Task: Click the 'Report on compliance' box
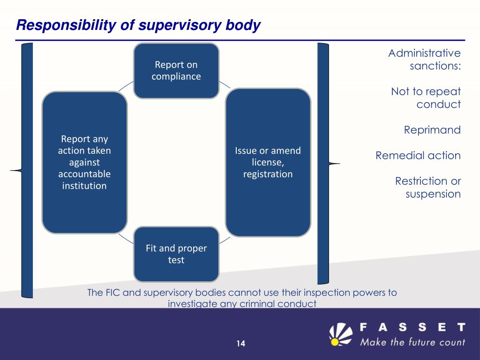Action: [176, 70]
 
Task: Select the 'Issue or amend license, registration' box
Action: [268, 162]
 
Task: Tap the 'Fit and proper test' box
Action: [176, 254]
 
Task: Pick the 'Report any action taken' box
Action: [85, 162]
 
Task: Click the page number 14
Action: [240, 344]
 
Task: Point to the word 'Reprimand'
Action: [432, 130]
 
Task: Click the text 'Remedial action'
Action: [418, 155]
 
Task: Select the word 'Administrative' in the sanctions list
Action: [424, 53]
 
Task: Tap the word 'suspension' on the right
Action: [433, 194]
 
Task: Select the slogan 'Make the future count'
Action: [412, 342]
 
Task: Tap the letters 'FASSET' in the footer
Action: [412, 326]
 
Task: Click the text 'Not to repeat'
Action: [426, 91]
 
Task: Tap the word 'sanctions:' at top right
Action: [435, 66]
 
